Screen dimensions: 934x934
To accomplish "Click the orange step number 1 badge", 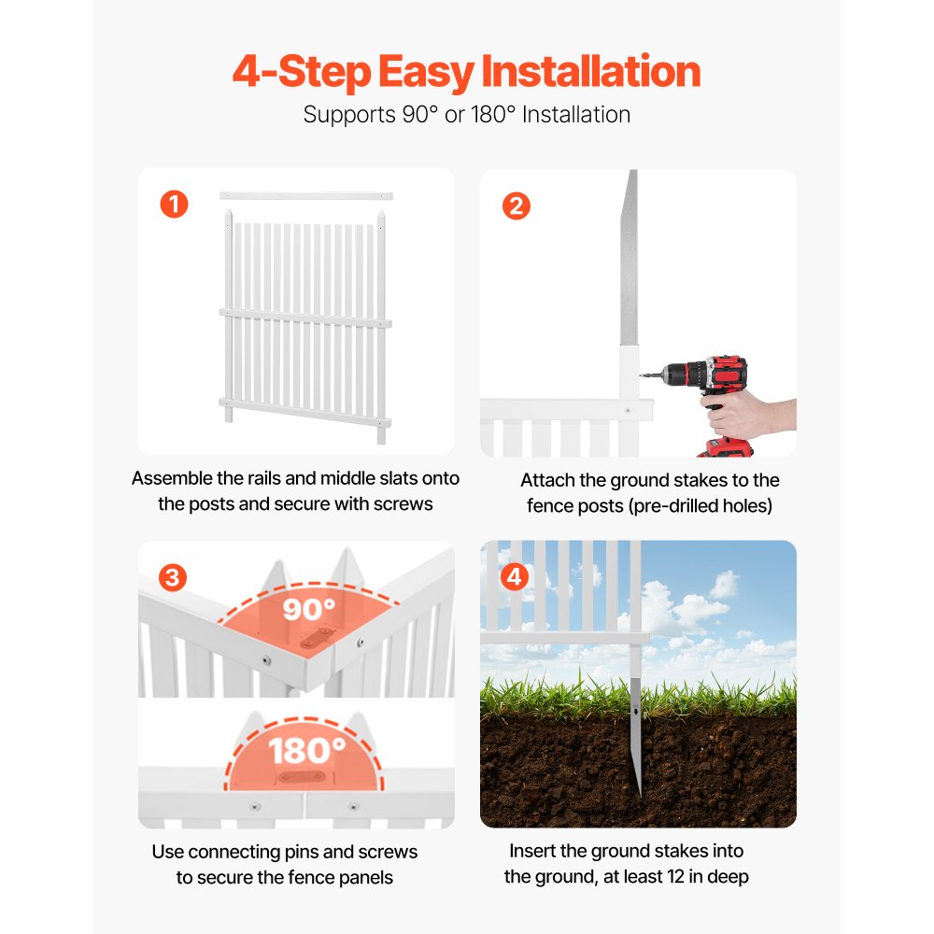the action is tap(174, 205).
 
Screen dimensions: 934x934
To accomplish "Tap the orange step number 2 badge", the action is tap(517, 206).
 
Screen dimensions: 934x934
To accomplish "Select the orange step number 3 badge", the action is tap(173, 577).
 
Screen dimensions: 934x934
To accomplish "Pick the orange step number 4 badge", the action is tap(515, 576).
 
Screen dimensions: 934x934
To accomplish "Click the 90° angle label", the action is tap(308, 609).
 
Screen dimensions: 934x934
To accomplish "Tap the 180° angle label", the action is tap(306, 751).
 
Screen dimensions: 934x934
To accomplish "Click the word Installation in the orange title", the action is tap(590, 72).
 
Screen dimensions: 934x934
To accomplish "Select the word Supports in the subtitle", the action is tap(349, 115).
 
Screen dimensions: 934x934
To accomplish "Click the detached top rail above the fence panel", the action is tap(306, 195).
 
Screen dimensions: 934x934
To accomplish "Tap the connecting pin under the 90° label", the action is tap(317, 637).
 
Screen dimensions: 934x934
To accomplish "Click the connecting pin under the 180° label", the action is tap(302, 777).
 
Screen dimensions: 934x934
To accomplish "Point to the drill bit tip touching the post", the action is tap(641, 375).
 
